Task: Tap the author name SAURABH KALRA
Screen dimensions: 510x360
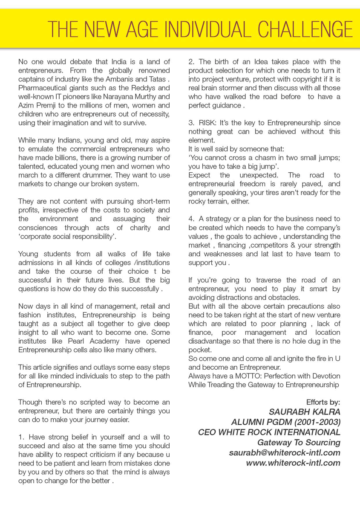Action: (305, 412)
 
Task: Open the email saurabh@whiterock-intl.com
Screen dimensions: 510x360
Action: (285, 452)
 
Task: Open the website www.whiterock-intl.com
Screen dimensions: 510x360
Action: (294, 463)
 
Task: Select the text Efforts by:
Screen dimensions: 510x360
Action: (323, 402)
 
